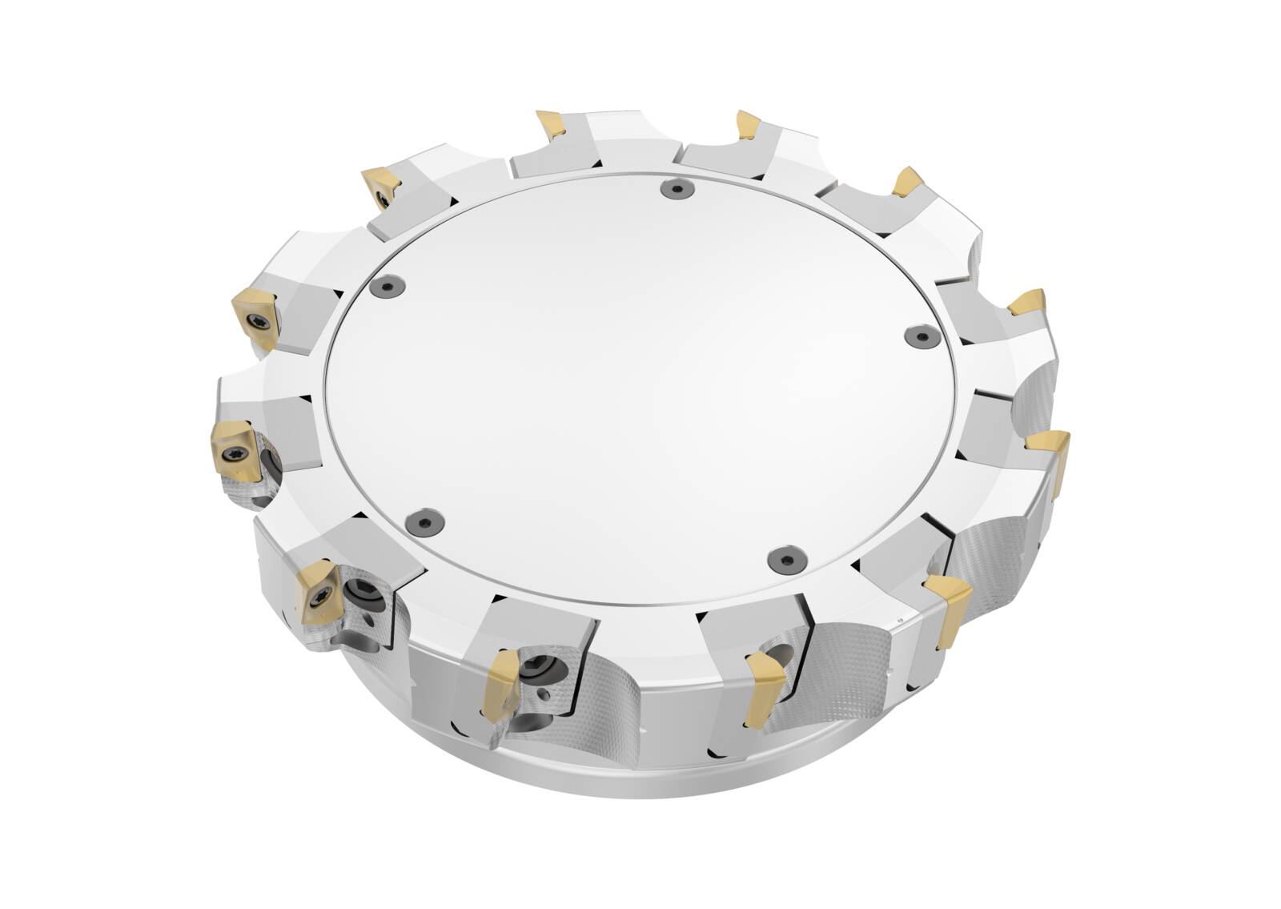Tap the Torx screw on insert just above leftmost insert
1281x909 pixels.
point(258,321)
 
